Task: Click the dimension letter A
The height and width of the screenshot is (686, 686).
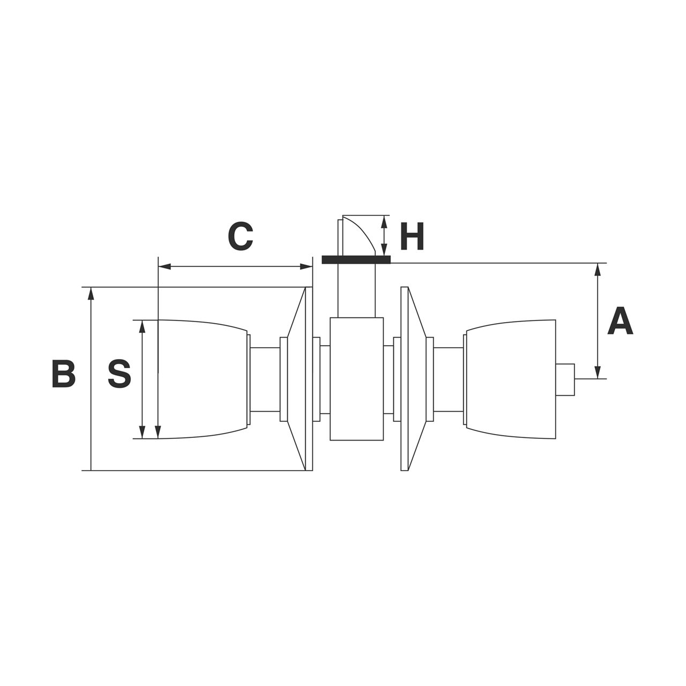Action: tap(620, 322)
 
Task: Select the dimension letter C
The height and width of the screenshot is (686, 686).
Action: tap(240, 236)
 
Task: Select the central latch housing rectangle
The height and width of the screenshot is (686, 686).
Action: tap(356, 379)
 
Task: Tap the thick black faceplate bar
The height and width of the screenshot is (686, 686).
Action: tap(356, 260)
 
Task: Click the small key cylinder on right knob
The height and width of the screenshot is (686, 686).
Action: tap(565, 379)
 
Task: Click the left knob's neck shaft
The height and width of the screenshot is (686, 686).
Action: tap(265, 379)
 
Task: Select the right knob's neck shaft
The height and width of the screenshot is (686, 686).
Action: tap(448, 379)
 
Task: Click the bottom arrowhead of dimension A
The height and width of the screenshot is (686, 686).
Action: tap(598, 373)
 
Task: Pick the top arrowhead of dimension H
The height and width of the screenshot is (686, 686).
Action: tap(384, 220)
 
